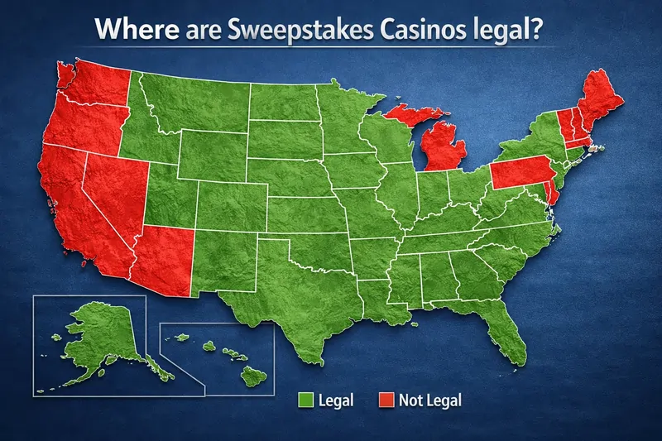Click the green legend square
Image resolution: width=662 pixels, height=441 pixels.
pos(303,400)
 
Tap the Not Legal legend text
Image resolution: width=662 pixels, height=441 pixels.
pos(429,400)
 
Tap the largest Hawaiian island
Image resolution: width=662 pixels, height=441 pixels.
pos(254,377)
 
